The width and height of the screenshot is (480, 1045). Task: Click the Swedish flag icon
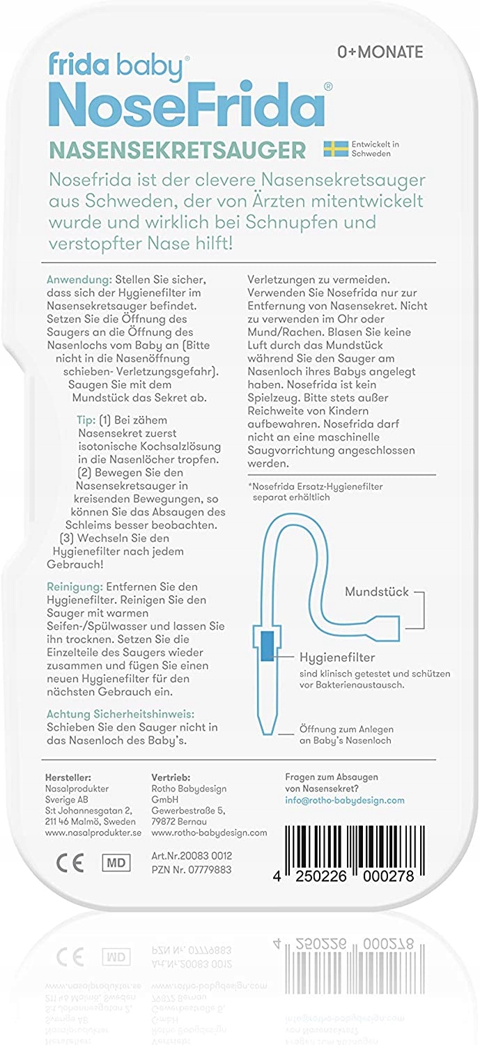tap(336, 148)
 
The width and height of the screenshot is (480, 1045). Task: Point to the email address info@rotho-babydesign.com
tap(345, 800)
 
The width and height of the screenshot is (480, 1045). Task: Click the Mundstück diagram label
tap(377, 592)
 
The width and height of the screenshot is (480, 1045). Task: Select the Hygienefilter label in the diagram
tap(337, 656)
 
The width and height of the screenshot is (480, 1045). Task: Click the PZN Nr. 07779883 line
tap(192, 869)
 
